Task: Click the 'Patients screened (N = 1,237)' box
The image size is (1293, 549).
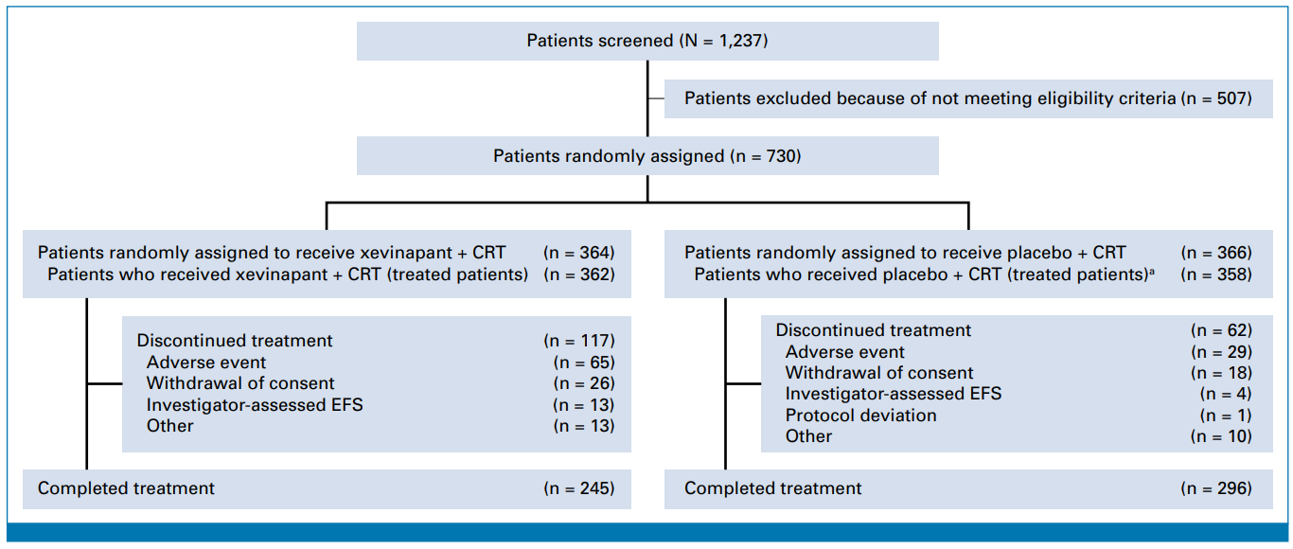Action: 647,41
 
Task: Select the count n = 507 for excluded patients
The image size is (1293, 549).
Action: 1216,98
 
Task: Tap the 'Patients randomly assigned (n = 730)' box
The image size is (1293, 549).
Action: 647,156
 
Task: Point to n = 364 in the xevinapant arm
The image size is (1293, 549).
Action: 579,253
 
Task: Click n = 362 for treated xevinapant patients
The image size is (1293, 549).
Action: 579,274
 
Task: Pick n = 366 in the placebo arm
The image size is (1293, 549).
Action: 1216,253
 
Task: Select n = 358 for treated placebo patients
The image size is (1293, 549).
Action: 1216,274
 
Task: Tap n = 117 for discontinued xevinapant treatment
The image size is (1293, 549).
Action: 579,341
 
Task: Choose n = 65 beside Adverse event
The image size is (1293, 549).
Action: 584,363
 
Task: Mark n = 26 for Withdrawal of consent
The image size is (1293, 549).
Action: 584,383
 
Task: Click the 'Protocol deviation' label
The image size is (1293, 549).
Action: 860,416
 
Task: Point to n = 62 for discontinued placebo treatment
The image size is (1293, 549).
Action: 1221,330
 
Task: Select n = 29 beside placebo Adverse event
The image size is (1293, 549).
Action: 1221,352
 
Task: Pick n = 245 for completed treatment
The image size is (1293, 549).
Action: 579,488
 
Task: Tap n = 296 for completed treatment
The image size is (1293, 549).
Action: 1216,488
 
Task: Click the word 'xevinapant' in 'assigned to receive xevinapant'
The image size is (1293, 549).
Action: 406,253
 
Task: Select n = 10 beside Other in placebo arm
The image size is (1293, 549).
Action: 1221,436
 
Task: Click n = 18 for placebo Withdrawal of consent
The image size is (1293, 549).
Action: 1221,373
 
